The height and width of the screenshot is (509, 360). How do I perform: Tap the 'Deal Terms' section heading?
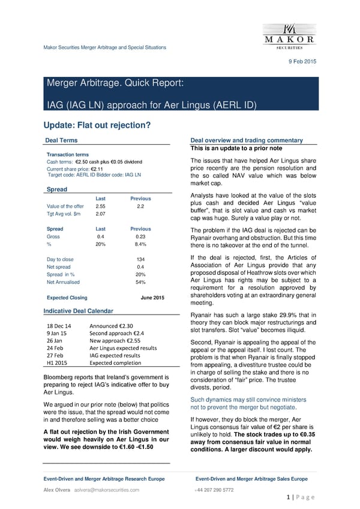click(x=61, y=140)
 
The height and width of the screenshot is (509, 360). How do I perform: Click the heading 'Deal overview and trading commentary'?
click(x=245, y=140)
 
